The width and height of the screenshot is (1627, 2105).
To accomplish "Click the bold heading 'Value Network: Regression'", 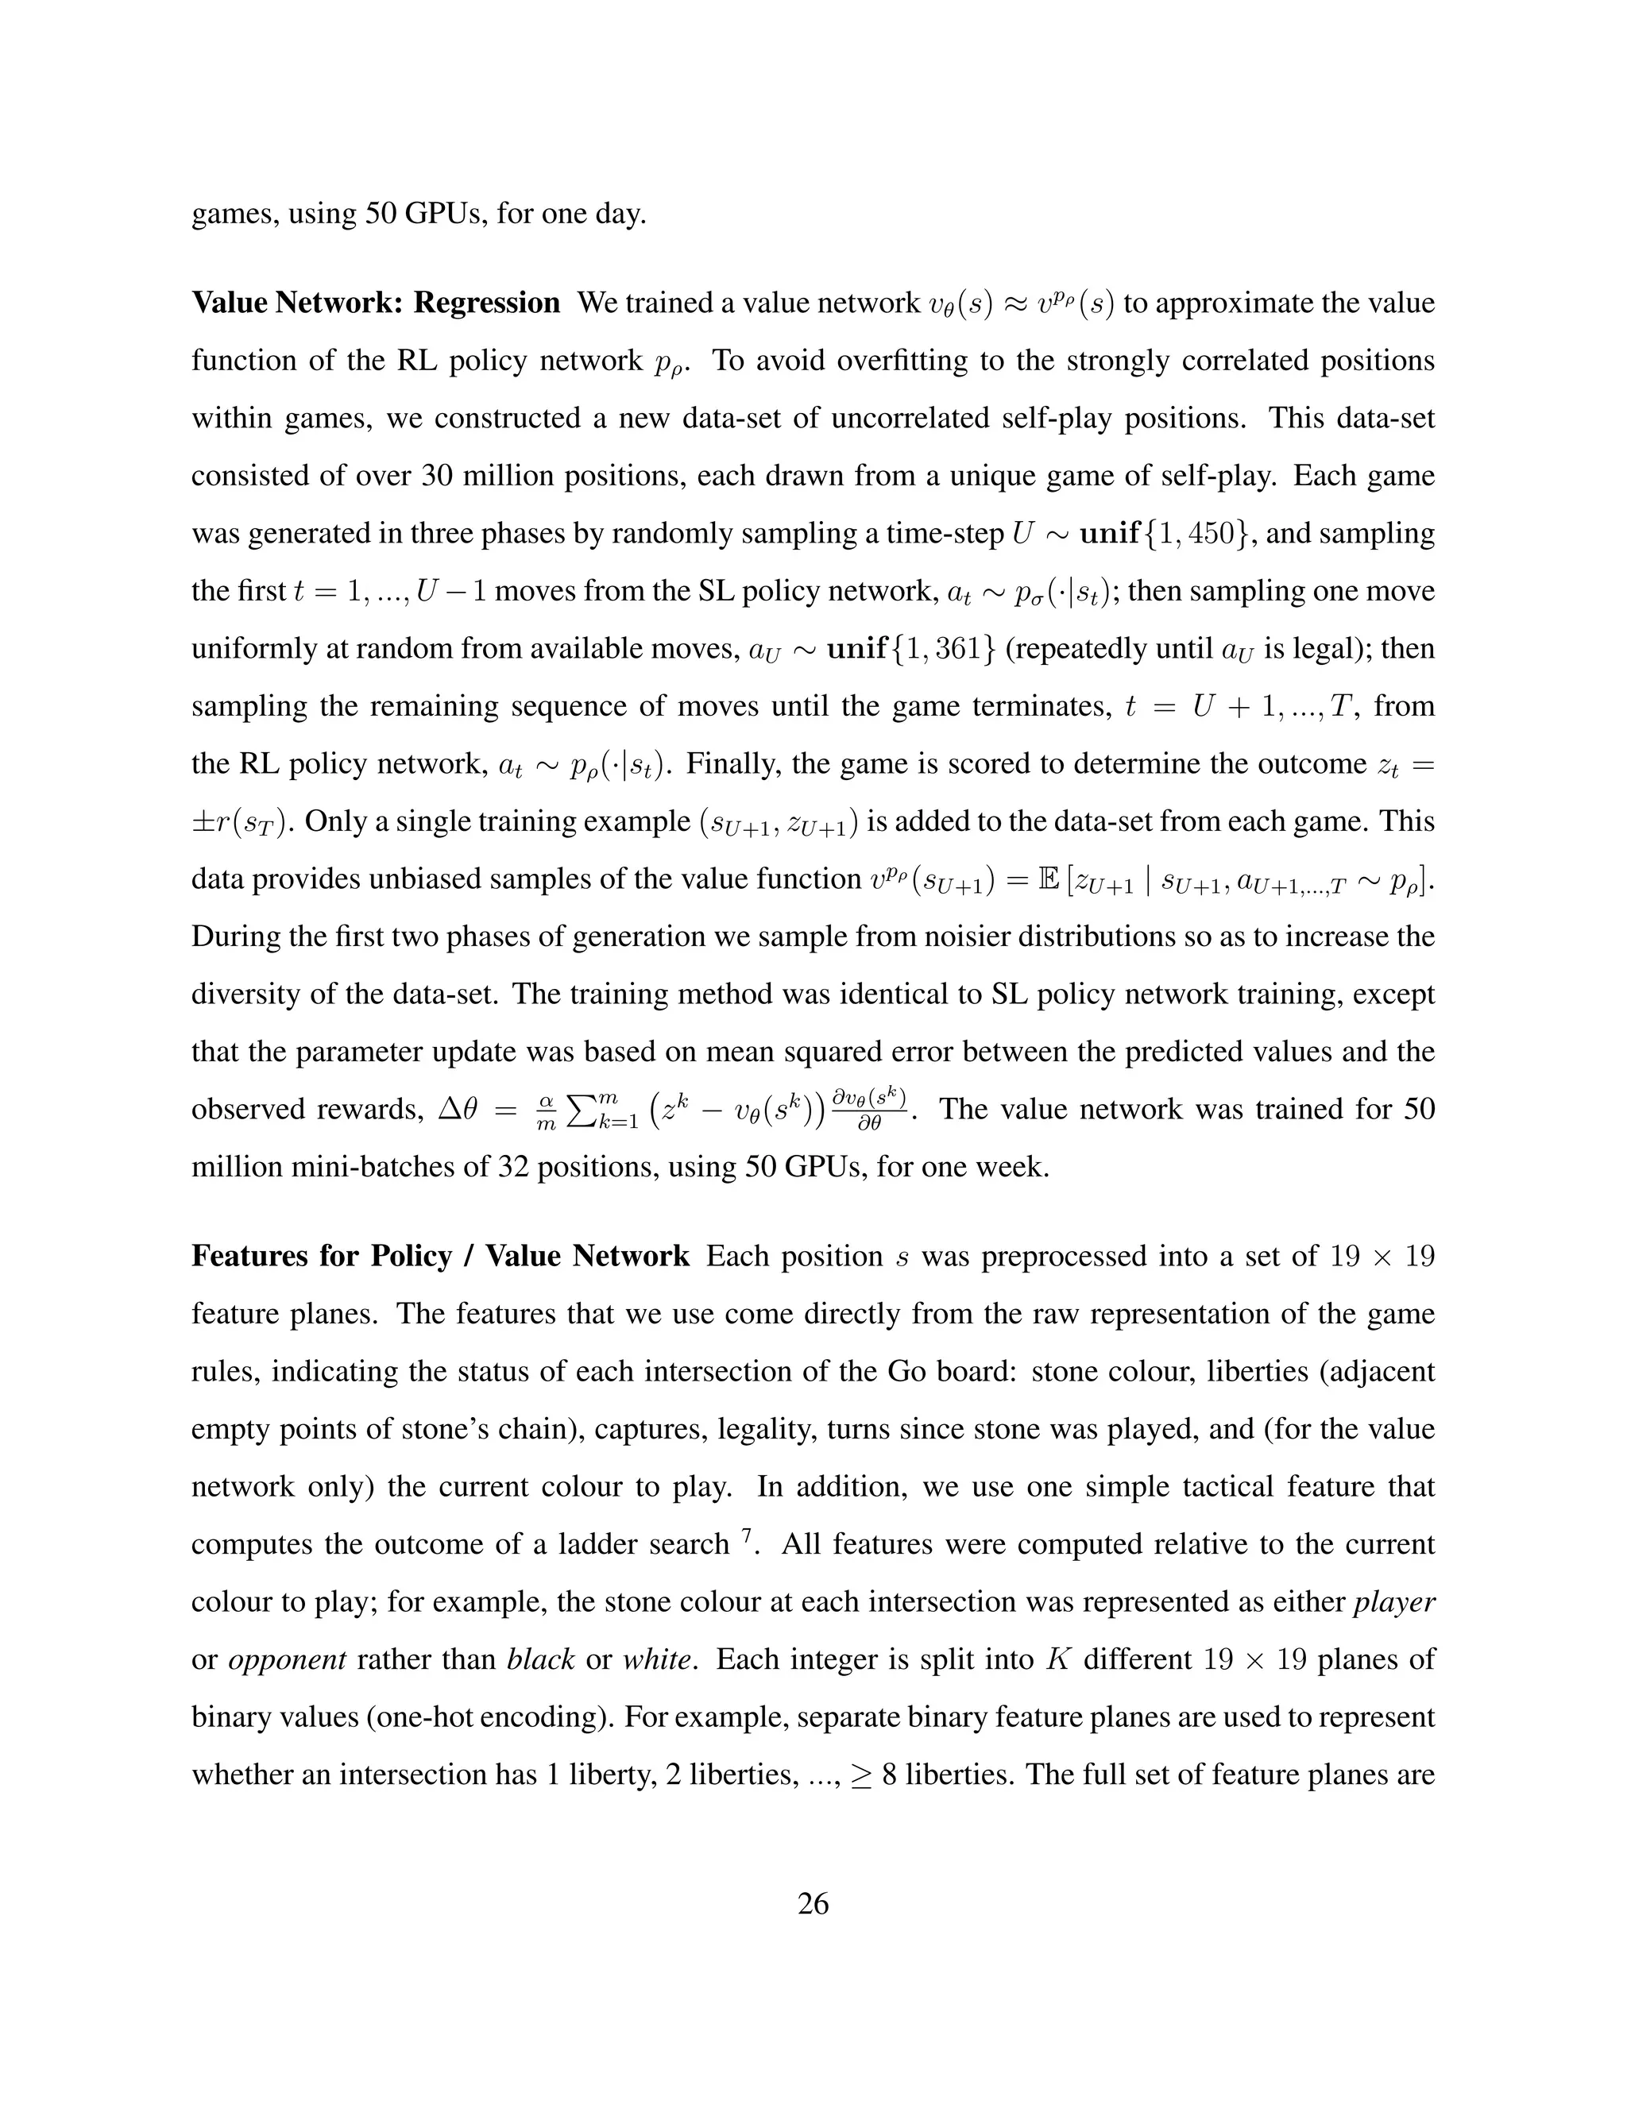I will (x=375, y=303).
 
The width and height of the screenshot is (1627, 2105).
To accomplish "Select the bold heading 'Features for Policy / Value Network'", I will (x=440, y=1256).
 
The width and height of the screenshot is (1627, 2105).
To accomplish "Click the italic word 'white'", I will (x=657, y=1659).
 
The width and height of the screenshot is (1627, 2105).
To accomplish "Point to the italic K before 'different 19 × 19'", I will (x=1057, y=1659).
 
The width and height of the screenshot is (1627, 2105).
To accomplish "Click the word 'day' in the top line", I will (x=620, y=213).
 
